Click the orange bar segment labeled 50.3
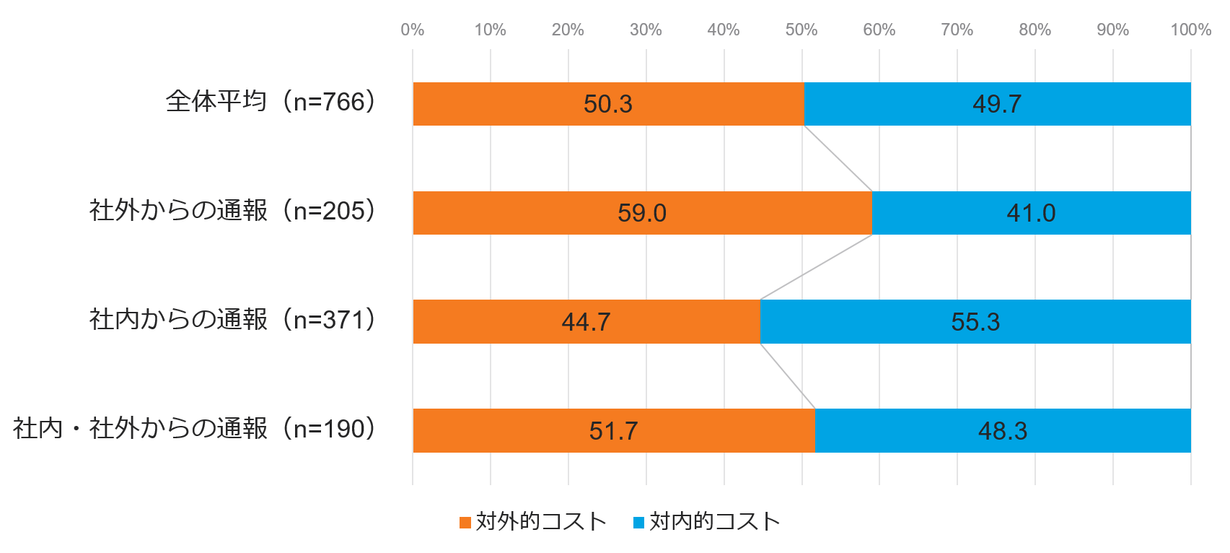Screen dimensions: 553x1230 click(608, 104)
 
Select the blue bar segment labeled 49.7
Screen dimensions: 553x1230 click(997, 104)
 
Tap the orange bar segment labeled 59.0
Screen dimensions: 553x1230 click(642, 213)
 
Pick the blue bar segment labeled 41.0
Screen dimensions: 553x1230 click(1031, 213)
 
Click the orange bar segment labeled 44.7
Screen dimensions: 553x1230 click(586, 321)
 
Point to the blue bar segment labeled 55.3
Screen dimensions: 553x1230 click(975, 321)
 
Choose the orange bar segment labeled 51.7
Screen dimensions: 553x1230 click(613, 430)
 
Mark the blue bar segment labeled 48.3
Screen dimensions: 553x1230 click(1003, 430)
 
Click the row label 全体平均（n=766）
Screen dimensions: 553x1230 click(271, 102)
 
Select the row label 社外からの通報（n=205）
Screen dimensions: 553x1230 click(232, 211)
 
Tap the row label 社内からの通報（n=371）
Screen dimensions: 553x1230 click(232, 319)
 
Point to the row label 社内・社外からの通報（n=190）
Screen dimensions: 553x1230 click(194, 428)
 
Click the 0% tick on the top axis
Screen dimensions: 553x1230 click(413, 30)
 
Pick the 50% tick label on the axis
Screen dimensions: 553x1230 click(801, 30)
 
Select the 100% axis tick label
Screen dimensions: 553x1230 click(1190, 30)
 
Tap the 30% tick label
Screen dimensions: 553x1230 click(646, 30)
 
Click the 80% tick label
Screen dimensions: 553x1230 click(1034, 30)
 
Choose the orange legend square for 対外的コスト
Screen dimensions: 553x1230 click(465, 522)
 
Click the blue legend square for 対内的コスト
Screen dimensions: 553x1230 click(638, 522)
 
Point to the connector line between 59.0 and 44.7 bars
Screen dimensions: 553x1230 click(816, 267)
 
